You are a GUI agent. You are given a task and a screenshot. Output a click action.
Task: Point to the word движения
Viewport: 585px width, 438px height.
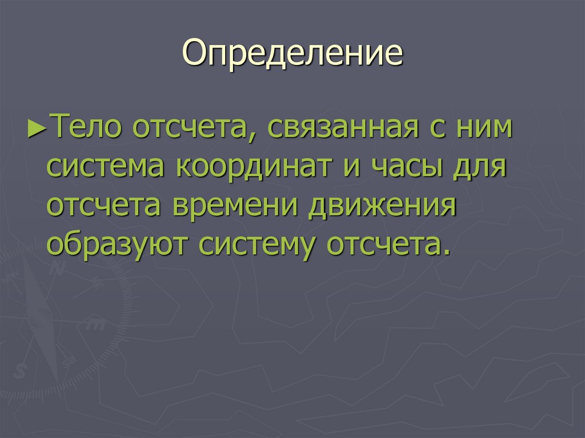coord(382,207)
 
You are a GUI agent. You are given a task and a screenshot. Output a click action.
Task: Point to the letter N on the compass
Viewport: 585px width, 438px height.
coord(55,268)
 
